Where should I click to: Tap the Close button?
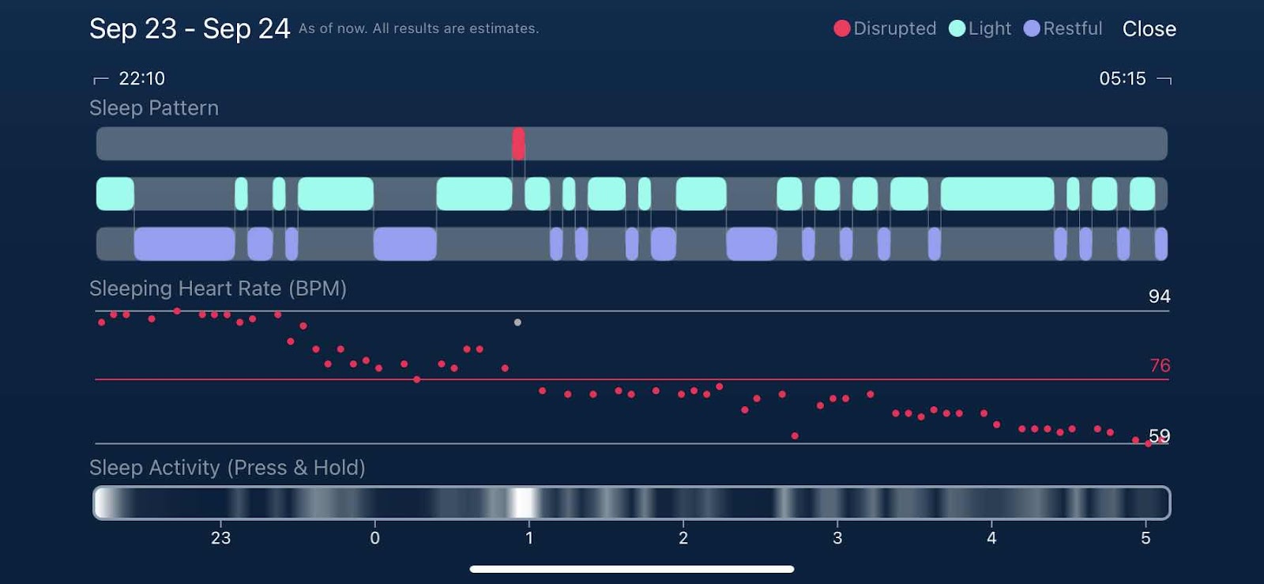click(1149, 29)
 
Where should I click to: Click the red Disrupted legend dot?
click(842, 28)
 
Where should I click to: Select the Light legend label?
click(989, 28)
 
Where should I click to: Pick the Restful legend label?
click(1072, 28)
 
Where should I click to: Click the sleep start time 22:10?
click(141, 78)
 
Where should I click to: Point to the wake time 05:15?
click(1122, 78)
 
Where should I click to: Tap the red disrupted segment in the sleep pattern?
click(518, 144)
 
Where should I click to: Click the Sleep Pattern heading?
click(154, 108)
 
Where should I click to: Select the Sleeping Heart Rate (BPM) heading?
click(218, 288)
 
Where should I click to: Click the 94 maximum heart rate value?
click(1159, 296)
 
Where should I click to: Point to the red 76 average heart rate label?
click(1159, 365)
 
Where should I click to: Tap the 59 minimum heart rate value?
click(1159, 435)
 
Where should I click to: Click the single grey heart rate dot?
click(517, 322)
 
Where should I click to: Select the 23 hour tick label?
click(220, 538)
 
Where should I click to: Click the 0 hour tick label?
click(374, 538)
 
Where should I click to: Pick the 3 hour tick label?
click(837, 538)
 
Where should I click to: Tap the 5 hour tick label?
click(1145, 538)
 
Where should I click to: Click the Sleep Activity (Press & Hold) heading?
click(228, 468)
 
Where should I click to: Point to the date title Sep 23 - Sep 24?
click(190, 29)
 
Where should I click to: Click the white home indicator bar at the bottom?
click(632, 569)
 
